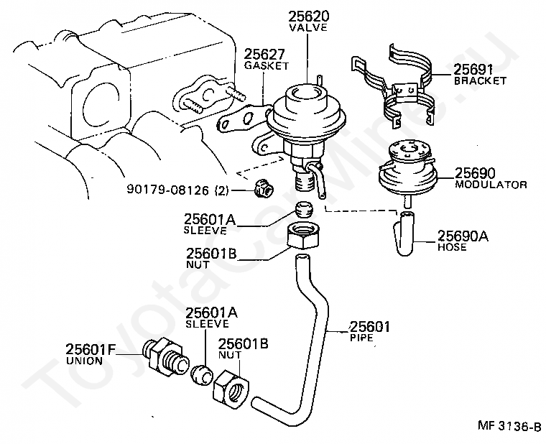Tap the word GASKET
click(x=266, y=65)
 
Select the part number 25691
click(x=473, y=70)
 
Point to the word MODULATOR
click(x=491, y=185)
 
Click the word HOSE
click(x=452, y=247)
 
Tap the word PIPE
click(x=361, y=337)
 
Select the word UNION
click(x=84, y=361)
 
